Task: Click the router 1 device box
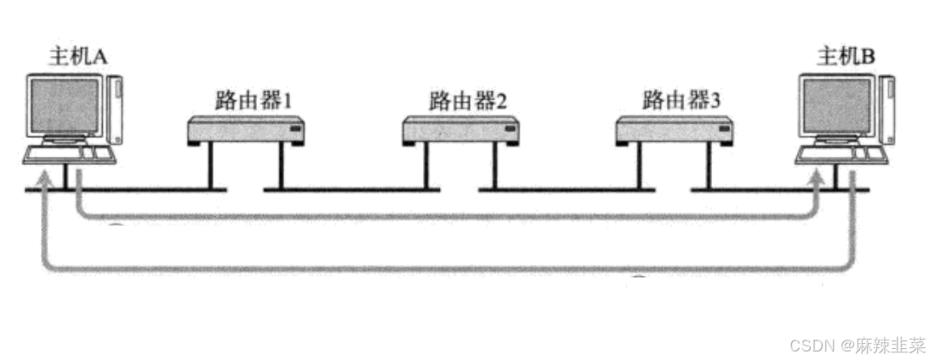[x=246, y=129]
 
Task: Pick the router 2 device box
[x=460, y=129]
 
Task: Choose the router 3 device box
[x=674, y=129]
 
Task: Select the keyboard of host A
[x=68, y=154]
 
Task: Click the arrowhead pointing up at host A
[x=43, y=181]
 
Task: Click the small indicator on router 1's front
[x=294, y=129]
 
